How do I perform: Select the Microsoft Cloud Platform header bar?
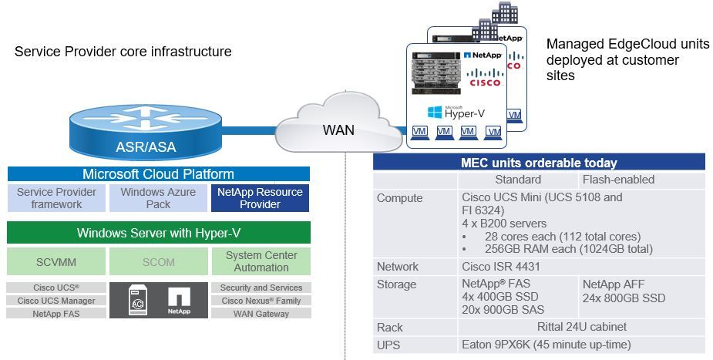158,174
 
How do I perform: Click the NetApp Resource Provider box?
260,198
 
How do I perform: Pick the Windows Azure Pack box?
158,198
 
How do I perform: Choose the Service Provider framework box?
56,198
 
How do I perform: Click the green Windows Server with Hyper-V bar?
158,233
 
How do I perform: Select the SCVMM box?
56,261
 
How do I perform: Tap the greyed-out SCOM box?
158,261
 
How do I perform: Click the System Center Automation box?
261,261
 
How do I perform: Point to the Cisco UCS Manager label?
56,301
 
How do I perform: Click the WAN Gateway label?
261,314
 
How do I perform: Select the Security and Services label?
261,288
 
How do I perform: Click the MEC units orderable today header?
539,163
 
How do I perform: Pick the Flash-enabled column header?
617,180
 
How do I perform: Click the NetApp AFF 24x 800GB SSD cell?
624,291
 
